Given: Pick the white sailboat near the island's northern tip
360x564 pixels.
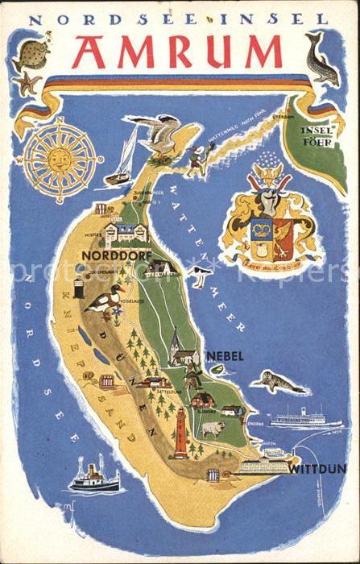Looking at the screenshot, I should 123,159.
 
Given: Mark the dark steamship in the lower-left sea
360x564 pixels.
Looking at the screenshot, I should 93,478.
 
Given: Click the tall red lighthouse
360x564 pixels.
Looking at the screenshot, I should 180,432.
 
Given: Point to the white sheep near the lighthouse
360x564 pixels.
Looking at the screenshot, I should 213,428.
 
